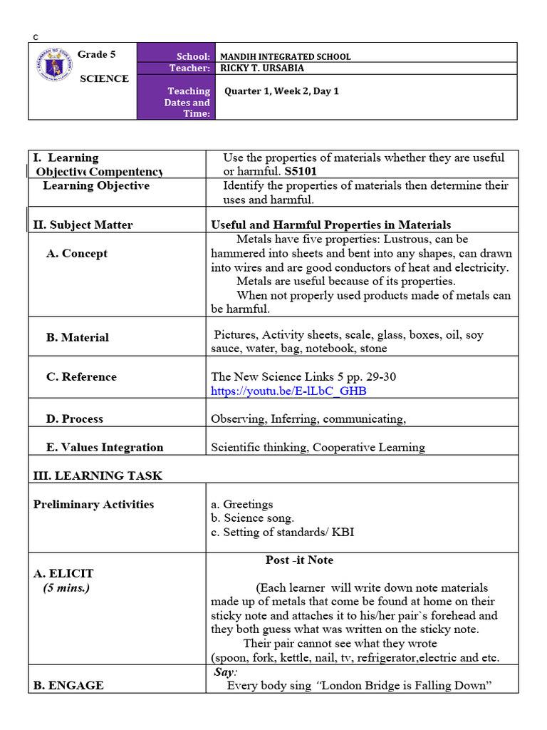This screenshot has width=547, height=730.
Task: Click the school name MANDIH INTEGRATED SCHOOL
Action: point(285,56)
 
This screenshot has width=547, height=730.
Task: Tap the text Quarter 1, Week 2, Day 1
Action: point(281,91)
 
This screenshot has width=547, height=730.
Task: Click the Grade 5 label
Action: point(96,54)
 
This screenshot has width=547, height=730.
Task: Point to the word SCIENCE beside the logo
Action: point(104,78)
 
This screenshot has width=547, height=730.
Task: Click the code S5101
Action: point(300,172)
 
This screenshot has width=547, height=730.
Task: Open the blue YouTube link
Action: point(289,391)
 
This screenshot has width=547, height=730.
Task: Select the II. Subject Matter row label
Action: point(83,225)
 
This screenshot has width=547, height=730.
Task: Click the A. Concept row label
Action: point(77,253)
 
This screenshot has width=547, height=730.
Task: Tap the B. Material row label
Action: point(78,337)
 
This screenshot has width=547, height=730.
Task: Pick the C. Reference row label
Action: point(81,376)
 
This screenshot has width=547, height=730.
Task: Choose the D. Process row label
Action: point(75,418)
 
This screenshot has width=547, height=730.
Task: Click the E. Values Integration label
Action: point(105,447)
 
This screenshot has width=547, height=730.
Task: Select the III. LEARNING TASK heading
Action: point(98,475)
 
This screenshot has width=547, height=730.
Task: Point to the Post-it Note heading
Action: point(299,560)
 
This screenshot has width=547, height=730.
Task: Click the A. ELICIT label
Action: point(63,573)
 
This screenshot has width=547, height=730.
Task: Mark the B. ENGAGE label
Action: point(68,685)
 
